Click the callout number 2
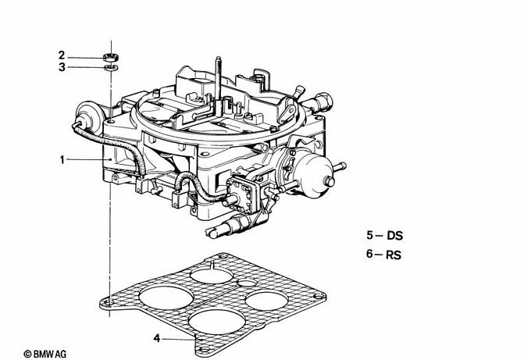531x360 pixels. (x=61, y=55)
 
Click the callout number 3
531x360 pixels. (x=62, y=67)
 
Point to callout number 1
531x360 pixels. (x=62, y=159)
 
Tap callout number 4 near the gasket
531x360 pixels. (x=156, y=338)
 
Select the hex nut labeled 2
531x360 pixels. (x=111, y=56)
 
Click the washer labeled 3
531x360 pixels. (x=111, y=67)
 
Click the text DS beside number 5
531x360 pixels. (x=395, y=235)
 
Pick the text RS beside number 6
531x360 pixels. (x=393, y=255)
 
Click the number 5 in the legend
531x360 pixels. (x=369, y=235)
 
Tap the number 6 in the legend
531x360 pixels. (x=369, y=254)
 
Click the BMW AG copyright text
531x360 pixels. (x=45, y=355)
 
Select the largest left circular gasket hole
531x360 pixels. (x=166, y=298)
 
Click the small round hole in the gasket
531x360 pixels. (x=248, y=283)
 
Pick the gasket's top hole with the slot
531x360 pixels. (x=212, y=274)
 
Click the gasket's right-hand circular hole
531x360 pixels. (x=266, y=301)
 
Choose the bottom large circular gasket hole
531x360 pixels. (x=217, y=321)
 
